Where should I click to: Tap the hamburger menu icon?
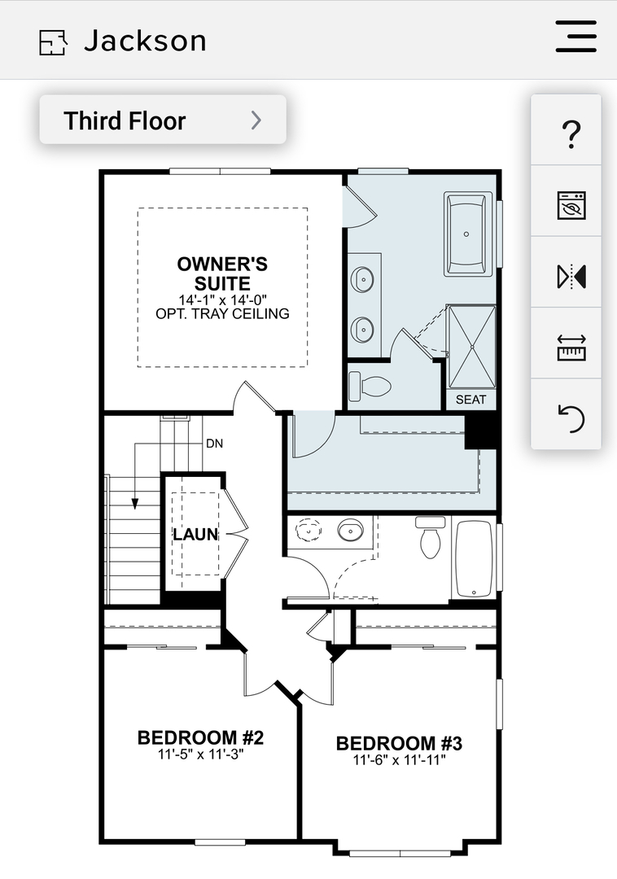[575, 37]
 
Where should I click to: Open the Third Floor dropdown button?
[163, 120]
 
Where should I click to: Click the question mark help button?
[571, 134]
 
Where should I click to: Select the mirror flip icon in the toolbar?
[571, 277]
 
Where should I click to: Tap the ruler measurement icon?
[571, 348]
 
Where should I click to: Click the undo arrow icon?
[571, 419]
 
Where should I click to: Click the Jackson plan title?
[145, 41]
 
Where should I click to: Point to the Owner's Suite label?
[222, 273]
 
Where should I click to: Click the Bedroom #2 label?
[200, 737]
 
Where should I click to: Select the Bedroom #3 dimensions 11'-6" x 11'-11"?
[399, 760]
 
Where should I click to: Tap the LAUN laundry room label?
[195, 534]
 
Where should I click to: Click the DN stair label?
[215, 444]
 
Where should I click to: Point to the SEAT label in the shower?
[470, 400]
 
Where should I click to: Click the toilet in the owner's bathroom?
[370, 386]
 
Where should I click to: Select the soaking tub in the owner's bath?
[469, 234]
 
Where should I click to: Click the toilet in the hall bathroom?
[430, 537]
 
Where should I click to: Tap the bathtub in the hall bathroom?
[474, 559]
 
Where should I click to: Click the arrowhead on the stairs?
[134, 504]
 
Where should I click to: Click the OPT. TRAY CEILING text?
[222, 314]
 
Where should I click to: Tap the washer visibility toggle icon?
[571, 205]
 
